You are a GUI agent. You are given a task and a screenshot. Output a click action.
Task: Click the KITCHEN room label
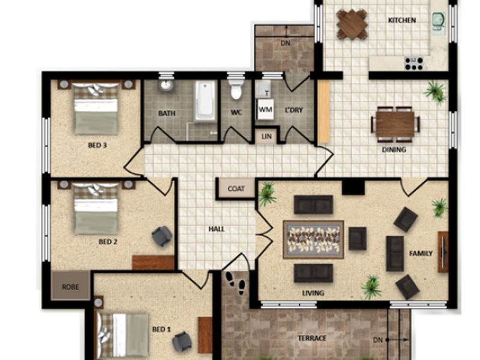[x=402, y=20]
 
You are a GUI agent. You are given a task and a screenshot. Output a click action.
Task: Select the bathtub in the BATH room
[x=204, y=100]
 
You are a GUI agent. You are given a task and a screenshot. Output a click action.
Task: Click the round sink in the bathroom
[x=166, y=85]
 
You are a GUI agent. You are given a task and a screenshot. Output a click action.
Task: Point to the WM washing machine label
[x=265, y=109]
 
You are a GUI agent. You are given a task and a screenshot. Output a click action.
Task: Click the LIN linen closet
[x=266, y=136]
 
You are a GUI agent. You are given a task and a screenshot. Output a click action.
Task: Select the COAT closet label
[x=236, y=188]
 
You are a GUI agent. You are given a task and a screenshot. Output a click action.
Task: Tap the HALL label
[x=217, y=229]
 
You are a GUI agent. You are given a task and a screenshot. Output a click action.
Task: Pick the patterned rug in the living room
[x=313, y=239]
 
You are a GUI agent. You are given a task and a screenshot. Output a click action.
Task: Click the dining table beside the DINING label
[x=395, y=124]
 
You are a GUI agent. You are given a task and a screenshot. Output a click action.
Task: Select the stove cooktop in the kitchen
[x=414, y=64]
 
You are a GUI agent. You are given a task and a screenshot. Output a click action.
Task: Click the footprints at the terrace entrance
[x=236, y=283]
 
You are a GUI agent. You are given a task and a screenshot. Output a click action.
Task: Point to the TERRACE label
[x=312, y=338]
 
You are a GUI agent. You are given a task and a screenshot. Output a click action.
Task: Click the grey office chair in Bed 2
[x=162, y=236]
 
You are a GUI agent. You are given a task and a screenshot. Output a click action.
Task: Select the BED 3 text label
[x=97, y=145]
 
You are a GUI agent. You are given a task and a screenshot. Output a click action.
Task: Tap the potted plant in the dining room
[x=435, y=91]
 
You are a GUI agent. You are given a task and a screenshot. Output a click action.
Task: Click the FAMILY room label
[x=421, y=253]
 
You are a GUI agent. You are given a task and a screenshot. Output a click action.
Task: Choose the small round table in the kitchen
[x=352, y=25]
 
